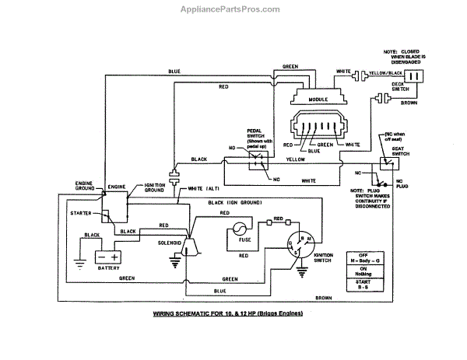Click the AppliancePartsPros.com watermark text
click(x=233, y=9)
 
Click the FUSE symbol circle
click(x=237, y=230)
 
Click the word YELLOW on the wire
click(x=294, y=159)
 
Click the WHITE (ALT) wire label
click(x=204, y=189)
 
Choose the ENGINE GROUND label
click(x=84, y=186)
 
